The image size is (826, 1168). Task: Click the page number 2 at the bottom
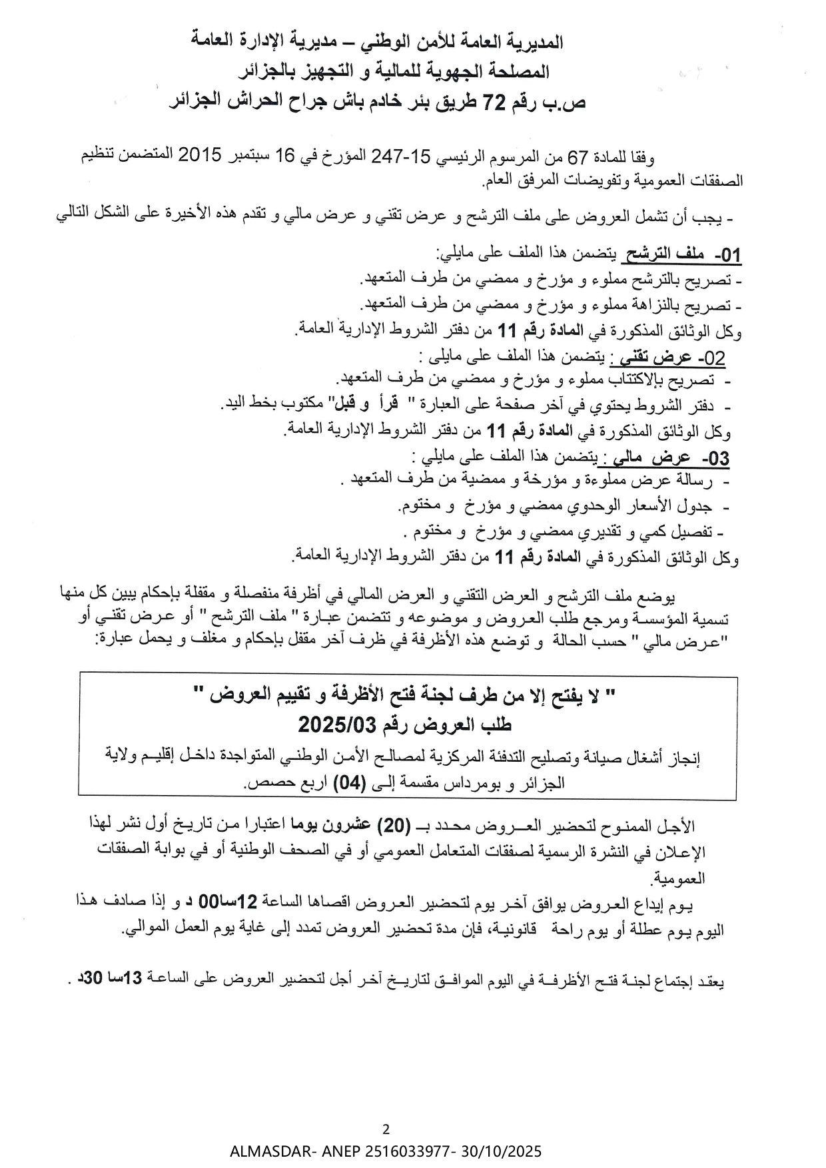coord(386,1129)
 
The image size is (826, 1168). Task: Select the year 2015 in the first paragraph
coord(199,156)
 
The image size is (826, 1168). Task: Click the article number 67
coord(577,157)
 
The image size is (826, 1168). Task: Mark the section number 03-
coord(716,459)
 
